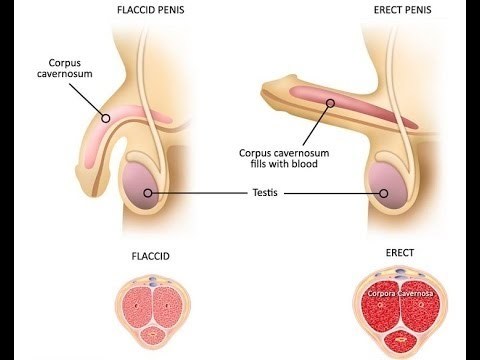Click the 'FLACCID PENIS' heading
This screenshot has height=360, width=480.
151,10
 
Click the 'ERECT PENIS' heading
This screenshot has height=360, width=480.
402,10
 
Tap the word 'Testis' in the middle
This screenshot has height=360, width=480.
265,193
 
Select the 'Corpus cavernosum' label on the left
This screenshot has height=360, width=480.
65,68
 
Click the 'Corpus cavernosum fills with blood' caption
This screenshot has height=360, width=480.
284,158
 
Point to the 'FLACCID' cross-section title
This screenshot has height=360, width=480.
151,256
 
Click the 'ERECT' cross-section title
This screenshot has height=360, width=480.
400,253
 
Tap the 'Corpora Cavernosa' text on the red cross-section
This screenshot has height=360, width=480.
400,294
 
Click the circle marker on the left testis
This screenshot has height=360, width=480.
148,193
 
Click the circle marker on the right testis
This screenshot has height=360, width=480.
384,193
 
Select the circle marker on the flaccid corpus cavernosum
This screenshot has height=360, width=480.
106,118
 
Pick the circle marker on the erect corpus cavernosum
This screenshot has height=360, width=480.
330,103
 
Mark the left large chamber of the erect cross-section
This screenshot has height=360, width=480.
381,305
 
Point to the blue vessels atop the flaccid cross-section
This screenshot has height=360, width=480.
154,281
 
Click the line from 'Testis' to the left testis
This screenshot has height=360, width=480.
199,193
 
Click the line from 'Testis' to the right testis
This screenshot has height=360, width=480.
332,193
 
